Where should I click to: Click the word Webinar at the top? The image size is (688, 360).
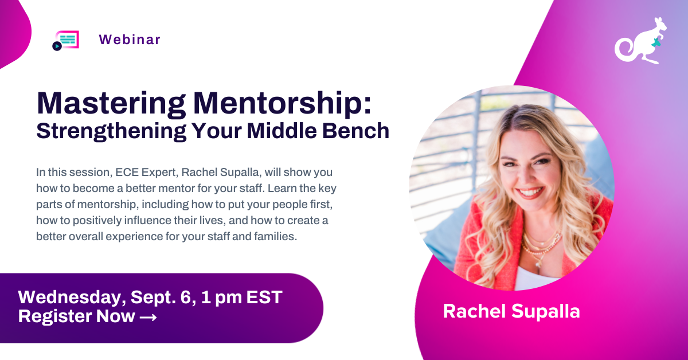tap(130, 40)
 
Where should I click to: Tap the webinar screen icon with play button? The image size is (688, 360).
tap(66, 40)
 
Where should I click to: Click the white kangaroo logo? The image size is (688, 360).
tap(640, 41)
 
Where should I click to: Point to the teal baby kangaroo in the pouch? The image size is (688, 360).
tap(656, 42)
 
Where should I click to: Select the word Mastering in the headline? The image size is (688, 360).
tap(111, 104)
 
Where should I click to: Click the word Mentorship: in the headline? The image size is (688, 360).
tap(283, 104)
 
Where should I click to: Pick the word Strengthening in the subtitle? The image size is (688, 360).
tap(111, 131)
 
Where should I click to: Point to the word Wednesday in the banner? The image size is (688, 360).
tap(72, 297)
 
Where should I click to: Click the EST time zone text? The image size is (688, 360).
tap(264, 297)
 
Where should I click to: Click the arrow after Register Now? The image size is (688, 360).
tap(148, 317)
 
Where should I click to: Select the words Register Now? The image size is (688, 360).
tap(76, 316)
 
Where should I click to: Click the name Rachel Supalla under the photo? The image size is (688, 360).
tap(511, 311)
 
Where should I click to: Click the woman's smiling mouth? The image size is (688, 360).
tap(530, 193)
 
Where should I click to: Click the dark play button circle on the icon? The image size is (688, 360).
tap(57, 46)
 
